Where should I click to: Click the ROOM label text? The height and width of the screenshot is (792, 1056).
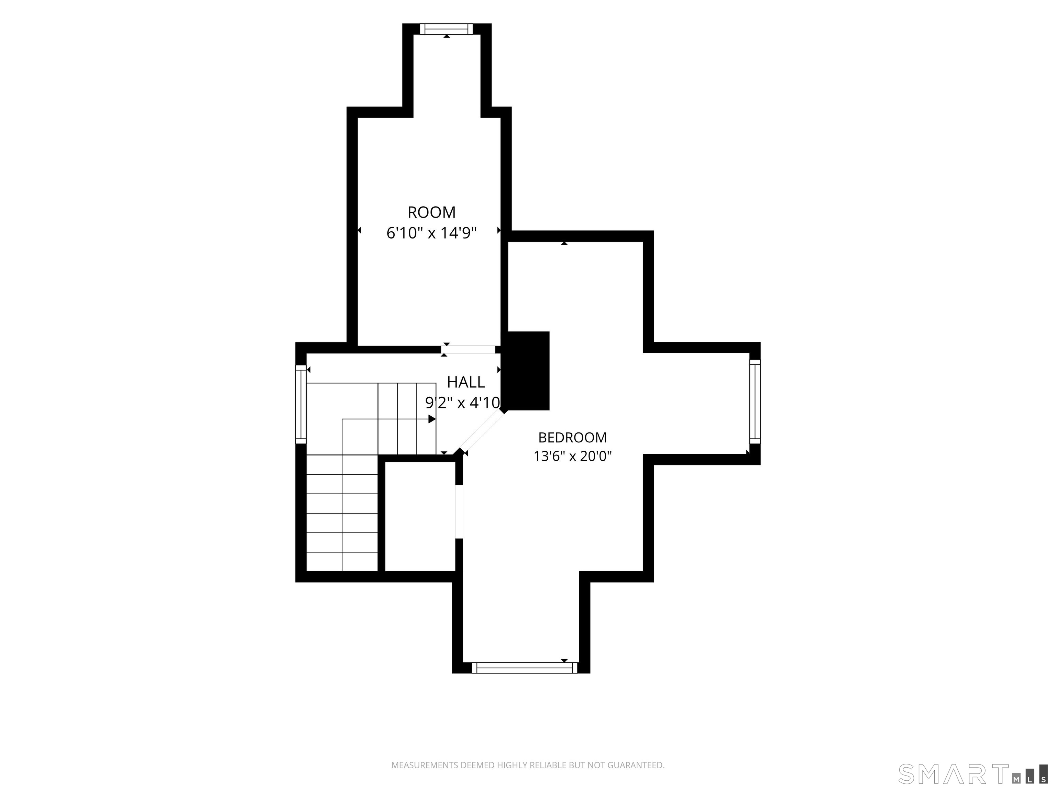click(x=431, y=212)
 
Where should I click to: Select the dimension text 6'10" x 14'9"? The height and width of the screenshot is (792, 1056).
click(x=431, y=233)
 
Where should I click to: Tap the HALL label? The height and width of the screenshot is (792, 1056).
click(x=465, y=382)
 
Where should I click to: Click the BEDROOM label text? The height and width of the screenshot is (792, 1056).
click(x=572, y=437)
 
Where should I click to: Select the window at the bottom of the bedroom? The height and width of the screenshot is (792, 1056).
click(x=525, y=668)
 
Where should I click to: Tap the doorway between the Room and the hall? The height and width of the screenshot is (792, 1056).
click(x=468, y=350)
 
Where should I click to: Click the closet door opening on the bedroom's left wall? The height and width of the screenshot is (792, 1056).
click(x=459, y=512)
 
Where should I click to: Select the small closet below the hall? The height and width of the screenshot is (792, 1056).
click(x=420, y=517)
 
